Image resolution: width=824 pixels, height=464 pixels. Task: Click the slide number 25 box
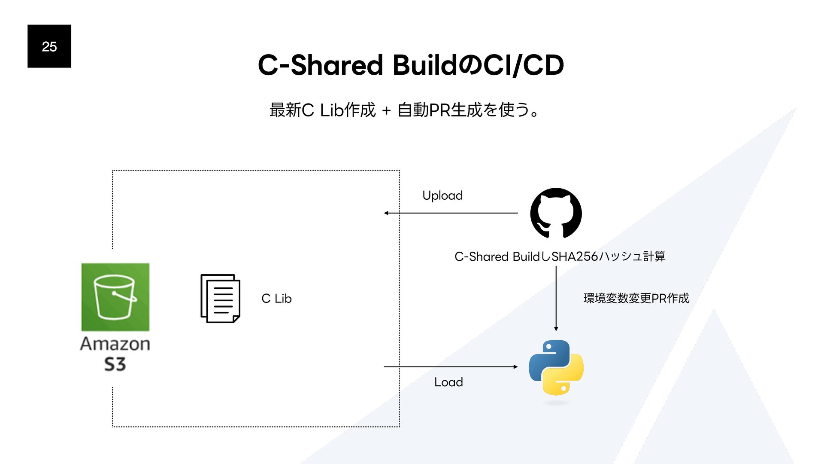click(x=49, y=46)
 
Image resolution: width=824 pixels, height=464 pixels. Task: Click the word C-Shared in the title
click(x=320, y=65)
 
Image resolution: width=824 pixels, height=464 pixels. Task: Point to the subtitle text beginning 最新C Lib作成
click(x=404, y=110)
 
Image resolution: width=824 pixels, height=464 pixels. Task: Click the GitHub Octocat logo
click(x=556, y=213)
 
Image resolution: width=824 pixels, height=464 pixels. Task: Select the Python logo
click(x=556, y=367)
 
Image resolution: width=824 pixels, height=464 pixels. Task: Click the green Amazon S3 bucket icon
click(x=115, y=297)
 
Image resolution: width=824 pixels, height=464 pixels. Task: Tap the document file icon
click(x=220, y=298)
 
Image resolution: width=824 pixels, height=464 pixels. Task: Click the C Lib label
click(x=276, y=299)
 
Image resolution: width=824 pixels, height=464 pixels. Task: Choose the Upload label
click(x=442, y=195)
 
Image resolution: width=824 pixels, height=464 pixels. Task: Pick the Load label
click(x=448, y=382)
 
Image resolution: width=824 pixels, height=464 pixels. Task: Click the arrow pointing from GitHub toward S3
click(x=451, y=213)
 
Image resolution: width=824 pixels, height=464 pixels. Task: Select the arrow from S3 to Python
click(x=451, y=367)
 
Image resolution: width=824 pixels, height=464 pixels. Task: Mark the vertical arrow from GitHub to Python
click(x=556, y=298)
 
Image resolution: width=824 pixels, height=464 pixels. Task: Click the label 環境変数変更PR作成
click(x=636, y=298)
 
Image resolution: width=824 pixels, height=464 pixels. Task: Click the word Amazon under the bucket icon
click(x=115, y=344)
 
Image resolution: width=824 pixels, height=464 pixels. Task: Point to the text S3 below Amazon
click(x=115, y=364)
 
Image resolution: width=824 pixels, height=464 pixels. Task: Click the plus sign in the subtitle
click(x=386, y=110)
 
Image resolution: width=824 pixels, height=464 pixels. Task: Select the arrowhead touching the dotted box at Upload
click(x=386, y=213)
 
